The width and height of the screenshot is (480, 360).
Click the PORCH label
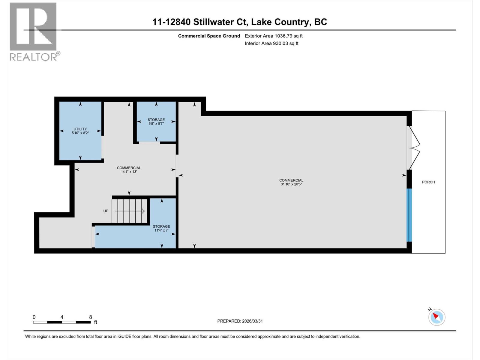(428, 182)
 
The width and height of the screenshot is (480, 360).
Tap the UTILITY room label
(80, 129)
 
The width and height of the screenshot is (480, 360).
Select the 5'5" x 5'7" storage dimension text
(156, 124)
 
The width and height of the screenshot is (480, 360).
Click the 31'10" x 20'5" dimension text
(291, 184)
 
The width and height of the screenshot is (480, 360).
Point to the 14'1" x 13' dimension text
(129, 172)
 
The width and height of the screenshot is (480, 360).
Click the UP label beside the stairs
(106, 211)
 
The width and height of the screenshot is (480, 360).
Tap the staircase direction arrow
(130, 211)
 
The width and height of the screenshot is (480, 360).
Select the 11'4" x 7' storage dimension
(161, 230)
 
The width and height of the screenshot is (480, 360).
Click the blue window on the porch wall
(409, 215)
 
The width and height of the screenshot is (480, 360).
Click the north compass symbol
(436, 317)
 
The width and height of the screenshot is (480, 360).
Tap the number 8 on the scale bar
(90, 317)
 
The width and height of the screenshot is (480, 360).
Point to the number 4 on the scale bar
(62, 317)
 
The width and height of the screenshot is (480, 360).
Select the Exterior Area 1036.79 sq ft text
(274, 36)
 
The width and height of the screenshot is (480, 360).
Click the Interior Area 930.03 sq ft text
(271, 43)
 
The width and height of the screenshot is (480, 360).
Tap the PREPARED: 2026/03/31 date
(240, 321)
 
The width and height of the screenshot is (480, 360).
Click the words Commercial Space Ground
(209, 36)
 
